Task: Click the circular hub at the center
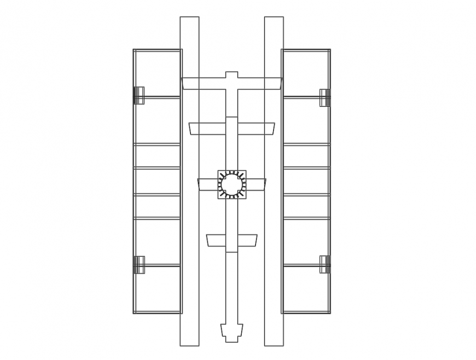[x=232, y=184]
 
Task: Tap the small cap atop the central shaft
[x=232, y=74]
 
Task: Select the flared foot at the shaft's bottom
[x=232, y=333]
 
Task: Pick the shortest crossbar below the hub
[x=232, y=240]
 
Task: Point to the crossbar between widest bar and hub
[x=232, y=129]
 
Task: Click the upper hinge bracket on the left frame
[x=139, y=95]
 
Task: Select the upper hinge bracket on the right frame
[x=325, y=97]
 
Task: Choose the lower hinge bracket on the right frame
[x=325, y=264]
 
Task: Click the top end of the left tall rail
[x=189, y=20]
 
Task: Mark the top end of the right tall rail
[x=274, y=20]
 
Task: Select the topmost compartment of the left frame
[x=158, y=73]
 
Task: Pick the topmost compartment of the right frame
[x=306, y=73]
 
